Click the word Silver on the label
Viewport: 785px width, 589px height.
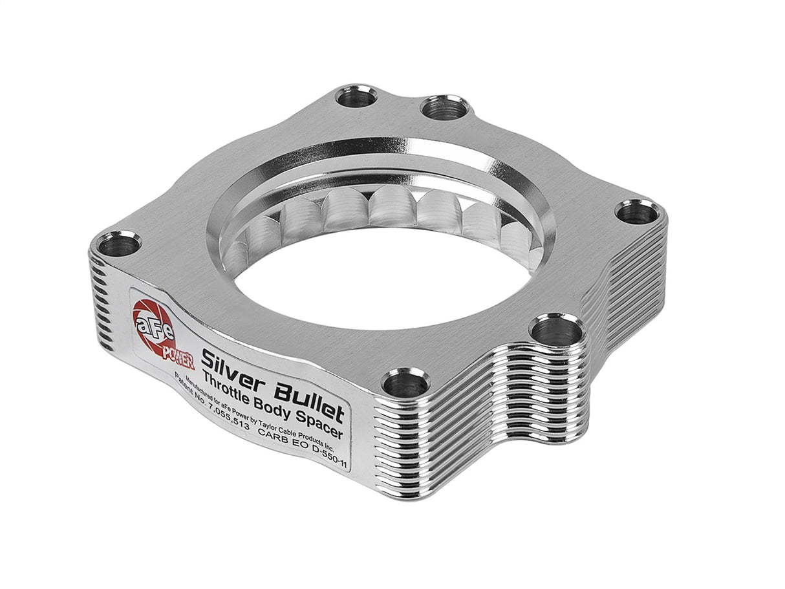[230, 361]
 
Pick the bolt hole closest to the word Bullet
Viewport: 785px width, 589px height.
[396, 385]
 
